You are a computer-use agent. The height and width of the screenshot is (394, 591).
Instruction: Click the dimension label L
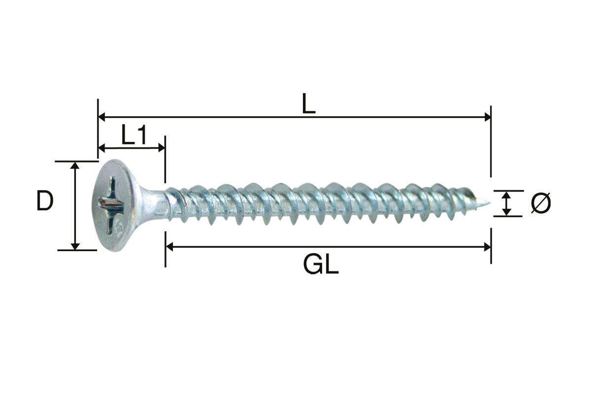pyautogui.click(x=309, y=103)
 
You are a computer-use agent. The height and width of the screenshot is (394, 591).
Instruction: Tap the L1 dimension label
pyautogui.click(x=134, y=134)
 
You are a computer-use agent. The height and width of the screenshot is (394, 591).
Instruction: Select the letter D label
pyautogui.click(x=45, y=201)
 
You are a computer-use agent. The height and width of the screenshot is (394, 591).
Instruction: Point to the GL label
pyautogui.click(x=321, y=264)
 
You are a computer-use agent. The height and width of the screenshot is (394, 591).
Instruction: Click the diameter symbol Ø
pyautogui.click(x=541, y=203)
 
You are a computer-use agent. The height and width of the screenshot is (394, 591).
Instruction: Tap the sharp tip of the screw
pyautogui.click(x=490, y=203)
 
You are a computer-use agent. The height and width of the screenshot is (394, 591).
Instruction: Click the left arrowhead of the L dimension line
pyautogui.click(x=101, y=117)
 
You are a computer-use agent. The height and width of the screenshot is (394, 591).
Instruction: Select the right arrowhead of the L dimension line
pyautogui.click(x=488, y=117)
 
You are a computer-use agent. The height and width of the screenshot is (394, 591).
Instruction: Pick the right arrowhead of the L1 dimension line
pyautogui.click(x=162, y=148)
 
